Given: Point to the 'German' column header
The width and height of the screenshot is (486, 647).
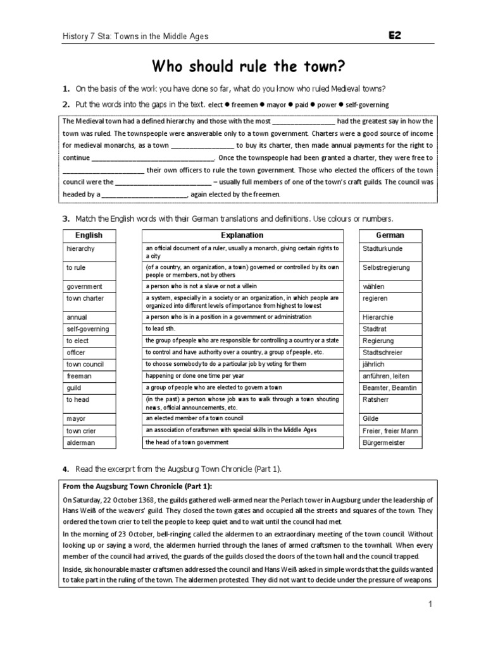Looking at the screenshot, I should click(x=390, y=235).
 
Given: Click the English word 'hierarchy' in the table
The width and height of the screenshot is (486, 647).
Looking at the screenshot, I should click(x=80, y=249).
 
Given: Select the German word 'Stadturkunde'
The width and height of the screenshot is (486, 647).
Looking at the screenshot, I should click(x=382, y=249).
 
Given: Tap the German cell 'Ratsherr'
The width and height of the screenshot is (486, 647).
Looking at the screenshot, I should click(x=375, y=399).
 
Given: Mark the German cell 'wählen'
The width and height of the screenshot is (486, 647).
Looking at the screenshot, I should click(x=374, y=286).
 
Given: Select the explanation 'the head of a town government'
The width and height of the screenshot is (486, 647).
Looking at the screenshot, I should click(x=187, y=442).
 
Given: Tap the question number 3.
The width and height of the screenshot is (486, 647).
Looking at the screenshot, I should click(x=65, y=219).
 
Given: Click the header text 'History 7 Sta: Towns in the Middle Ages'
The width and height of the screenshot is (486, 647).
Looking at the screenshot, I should click(x=134, y=37).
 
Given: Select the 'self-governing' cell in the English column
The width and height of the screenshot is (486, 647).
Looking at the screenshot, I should click(x=87, y=329).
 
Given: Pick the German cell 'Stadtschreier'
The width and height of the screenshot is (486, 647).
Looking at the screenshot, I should click(x=382, y=353).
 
